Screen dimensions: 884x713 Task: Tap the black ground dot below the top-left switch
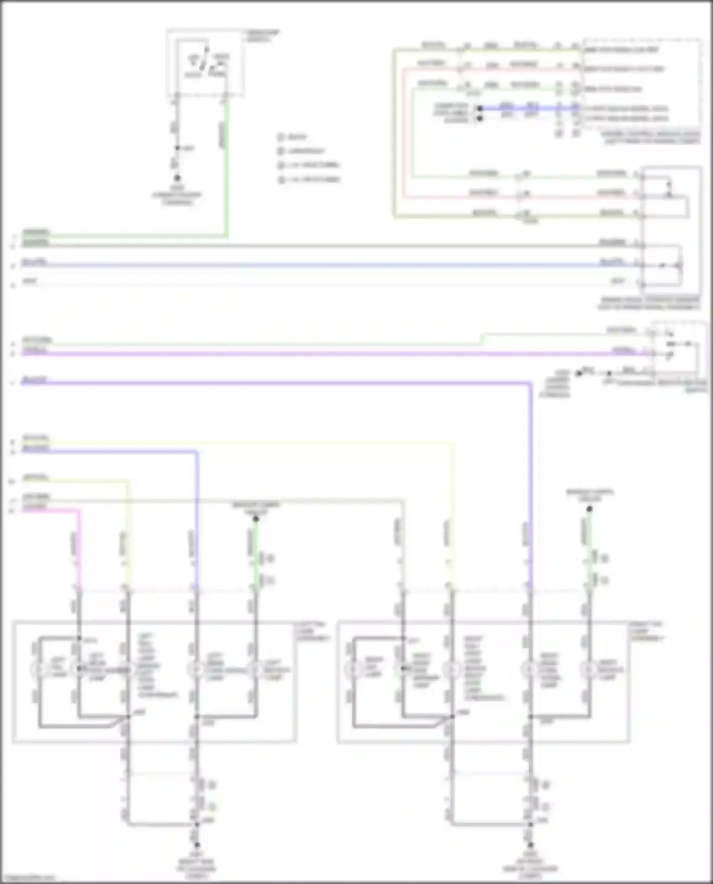177,178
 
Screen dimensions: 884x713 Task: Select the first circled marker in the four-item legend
280,137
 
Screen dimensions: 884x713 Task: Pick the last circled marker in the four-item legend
280,180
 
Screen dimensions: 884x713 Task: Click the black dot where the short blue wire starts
480,108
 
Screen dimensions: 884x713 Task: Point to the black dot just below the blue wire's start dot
480,118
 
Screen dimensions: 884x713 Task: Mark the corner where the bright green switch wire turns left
227,235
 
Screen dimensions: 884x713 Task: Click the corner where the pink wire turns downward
78,511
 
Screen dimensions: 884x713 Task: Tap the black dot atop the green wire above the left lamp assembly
255,519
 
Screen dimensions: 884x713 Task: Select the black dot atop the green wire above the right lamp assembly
589,509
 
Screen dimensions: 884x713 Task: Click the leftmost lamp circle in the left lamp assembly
38,669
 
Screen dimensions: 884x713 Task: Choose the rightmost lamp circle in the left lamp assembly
255,669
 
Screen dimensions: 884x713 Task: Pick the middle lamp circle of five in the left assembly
127,669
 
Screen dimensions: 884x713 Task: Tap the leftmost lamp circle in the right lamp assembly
353,669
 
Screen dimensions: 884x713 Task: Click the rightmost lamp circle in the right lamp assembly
589,669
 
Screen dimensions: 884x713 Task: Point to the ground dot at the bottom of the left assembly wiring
196,845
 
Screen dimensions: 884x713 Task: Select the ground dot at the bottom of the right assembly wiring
530,845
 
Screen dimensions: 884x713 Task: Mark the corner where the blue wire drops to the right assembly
530,383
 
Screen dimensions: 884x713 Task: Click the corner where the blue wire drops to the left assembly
196,451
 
